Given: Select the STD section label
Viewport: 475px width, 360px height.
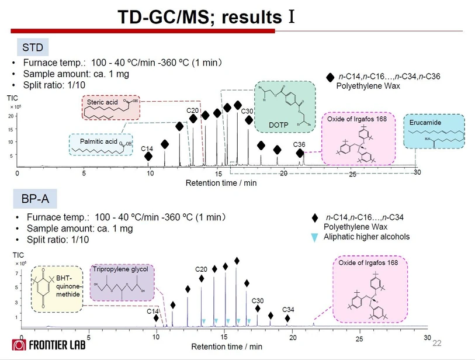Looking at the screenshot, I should point(32,47).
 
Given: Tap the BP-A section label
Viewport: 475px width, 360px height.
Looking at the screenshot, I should point(35,200).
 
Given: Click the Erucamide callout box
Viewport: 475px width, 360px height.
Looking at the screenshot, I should point(434,131).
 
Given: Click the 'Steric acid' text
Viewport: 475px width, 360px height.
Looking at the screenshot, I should point(102,102).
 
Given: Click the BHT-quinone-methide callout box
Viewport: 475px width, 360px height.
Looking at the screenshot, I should point(56,286).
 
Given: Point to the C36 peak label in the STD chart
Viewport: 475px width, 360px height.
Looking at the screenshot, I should point(299,144).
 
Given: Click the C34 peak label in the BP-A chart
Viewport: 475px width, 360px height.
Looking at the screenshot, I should point(289,309).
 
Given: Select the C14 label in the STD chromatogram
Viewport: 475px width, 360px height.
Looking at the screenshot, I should point(147,148).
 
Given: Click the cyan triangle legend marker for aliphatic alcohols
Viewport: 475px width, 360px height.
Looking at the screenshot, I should point(315,237).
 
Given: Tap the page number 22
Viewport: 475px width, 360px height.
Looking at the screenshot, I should point(436,343).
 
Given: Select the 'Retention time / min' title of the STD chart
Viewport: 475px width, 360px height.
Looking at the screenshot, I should point(221,183).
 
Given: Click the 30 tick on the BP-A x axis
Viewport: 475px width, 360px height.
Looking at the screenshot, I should point(427,338).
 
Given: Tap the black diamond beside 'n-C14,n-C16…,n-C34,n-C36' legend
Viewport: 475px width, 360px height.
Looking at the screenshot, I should point(330,77).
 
